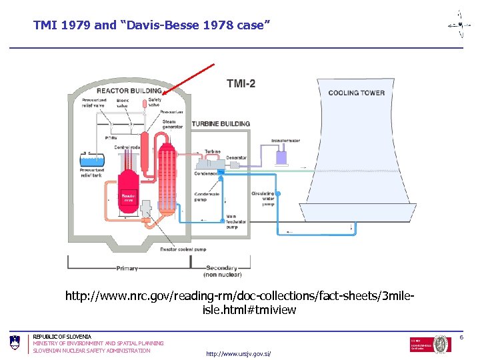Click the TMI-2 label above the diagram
pos(241,83)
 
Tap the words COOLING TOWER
pos(356,93)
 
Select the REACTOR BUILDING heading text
pos(129,91)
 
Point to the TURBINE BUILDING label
pos(221,124)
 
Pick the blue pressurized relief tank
pos(89,159)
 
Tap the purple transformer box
pos(281,158)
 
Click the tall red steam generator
pos(167,170)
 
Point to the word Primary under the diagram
pos(127,269)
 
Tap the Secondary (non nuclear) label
pos(223,271)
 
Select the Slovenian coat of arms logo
pos(15,343)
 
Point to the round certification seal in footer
pos(441,344)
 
